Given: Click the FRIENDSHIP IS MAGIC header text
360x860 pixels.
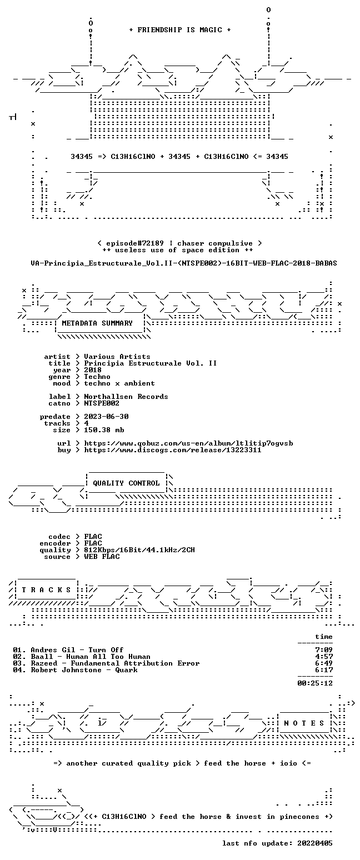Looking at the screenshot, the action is [179, 30].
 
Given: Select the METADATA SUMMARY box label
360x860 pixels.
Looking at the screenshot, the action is [97, 323].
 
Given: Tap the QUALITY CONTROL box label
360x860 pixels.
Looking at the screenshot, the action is [126, 483].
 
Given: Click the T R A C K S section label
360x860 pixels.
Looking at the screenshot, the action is [47, 589].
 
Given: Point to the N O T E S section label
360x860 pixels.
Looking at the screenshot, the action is [304, 723].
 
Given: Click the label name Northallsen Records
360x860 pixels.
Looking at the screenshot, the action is [126, 397].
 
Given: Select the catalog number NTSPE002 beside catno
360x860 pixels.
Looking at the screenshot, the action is [102, 403].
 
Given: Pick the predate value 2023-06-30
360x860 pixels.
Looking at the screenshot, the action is [106, 417].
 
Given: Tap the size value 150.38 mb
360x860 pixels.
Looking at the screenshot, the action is [104, 430].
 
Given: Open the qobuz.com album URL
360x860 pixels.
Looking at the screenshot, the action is [188, 443].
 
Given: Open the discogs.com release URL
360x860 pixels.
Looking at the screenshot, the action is [173, 450].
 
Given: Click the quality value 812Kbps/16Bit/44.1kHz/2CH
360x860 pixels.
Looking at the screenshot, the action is [139, 550].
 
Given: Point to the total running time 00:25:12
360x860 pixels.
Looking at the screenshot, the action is [315, 683].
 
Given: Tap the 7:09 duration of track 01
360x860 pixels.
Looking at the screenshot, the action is [324, 650].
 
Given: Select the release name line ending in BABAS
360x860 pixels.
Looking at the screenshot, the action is [184, 263].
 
